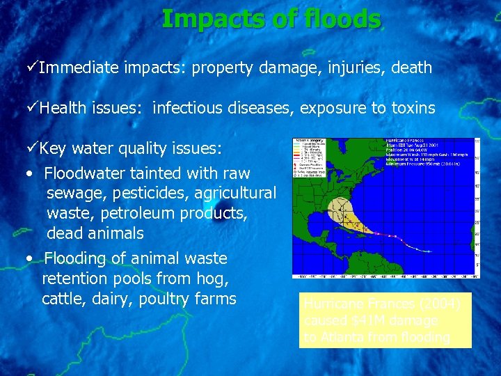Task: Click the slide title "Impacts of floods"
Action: pos(271,19)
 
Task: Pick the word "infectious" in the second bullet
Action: pos(184,108)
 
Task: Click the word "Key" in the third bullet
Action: pos(53,148)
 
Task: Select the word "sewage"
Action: pos(74,193)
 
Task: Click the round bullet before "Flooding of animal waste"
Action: pos(26,258)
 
